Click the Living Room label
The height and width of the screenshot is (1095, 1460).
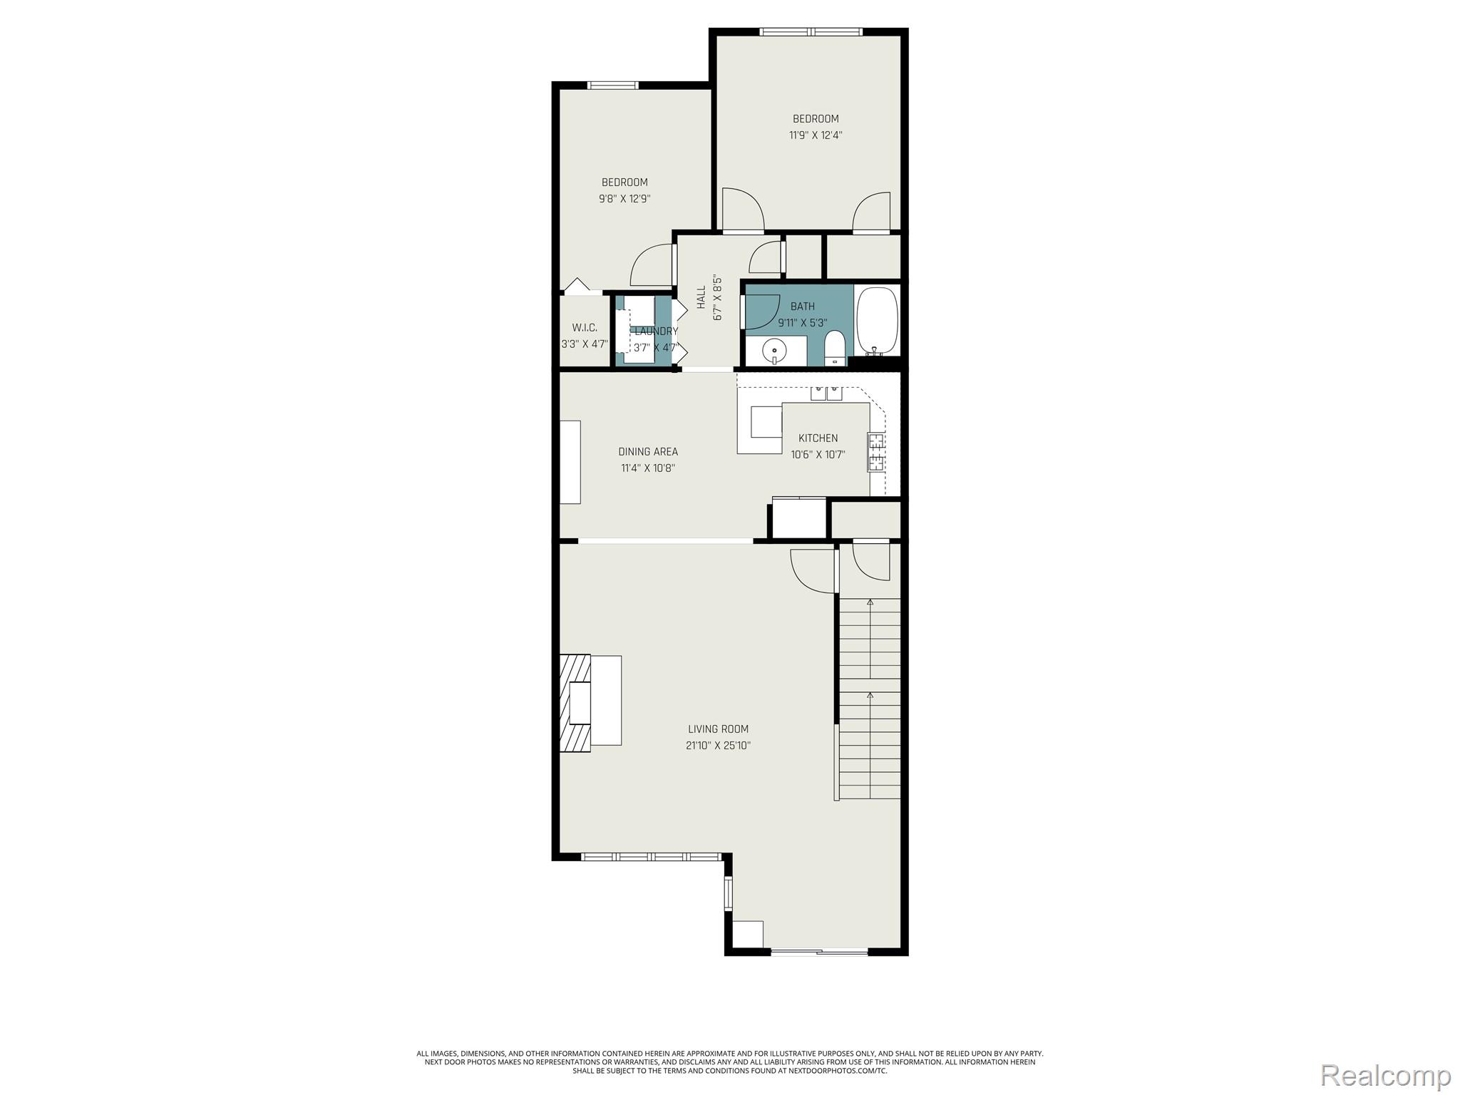[x=718, y=729]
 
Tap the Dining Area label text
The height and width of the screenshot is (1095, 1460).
[x=648, y=451]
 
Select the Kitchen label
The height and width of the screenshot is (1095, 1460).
[x=818, y=438]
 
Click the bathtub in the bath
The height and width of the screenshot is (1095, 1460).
[x=877, y=321]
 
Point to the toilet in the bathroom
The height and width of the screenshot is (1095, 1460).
[x=834, y=349]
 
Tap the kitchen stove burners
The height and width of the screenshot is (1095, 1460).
[x=877, y=452]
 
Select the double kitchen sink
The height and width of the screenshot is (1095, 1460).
[x=826, y=393]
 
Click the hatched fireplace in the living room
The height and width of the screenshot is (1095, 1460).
[x=575, y=702]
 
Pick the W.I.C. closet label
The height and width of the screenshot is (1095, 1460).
[x=585, y=328]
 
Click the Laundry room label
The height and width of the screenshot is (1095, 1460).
[x=656, y=331]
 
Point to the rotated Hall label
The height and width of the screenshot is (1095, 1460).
[x=701, y=297]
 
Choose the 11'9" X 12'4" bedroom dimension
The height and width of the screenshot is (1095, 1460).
[x=816, y=135]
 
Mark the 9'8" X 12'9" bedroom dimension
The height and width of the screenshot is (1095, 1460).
[x=624, y=199]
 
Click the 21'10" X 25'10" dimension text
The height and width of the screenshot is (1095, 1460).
[x=718, y=746]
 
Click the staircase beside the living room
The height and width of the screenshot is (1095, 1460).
[x=869, y=699]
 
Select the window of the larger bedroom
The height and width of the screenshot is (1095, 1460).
[x=811, y=31]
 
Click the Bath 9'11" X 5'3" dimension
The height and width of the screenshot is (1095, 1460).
[x=802, y=322]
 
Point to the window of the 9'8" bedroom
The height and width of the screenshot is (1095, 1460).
[x=612, y=86]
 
